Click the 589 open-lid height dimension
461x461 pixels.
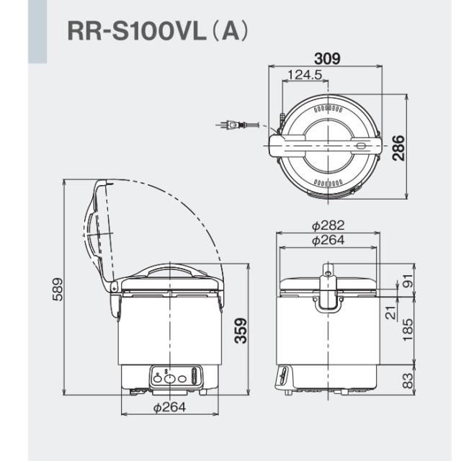click(57, 287)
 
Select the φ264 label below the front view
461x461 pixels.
click(169, 408)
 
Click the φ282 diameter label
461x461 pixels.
click(328, 226)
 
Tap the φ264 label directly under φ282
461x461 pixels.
click(328, 241)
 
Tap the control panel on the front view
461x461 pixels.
click(174, 376)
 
